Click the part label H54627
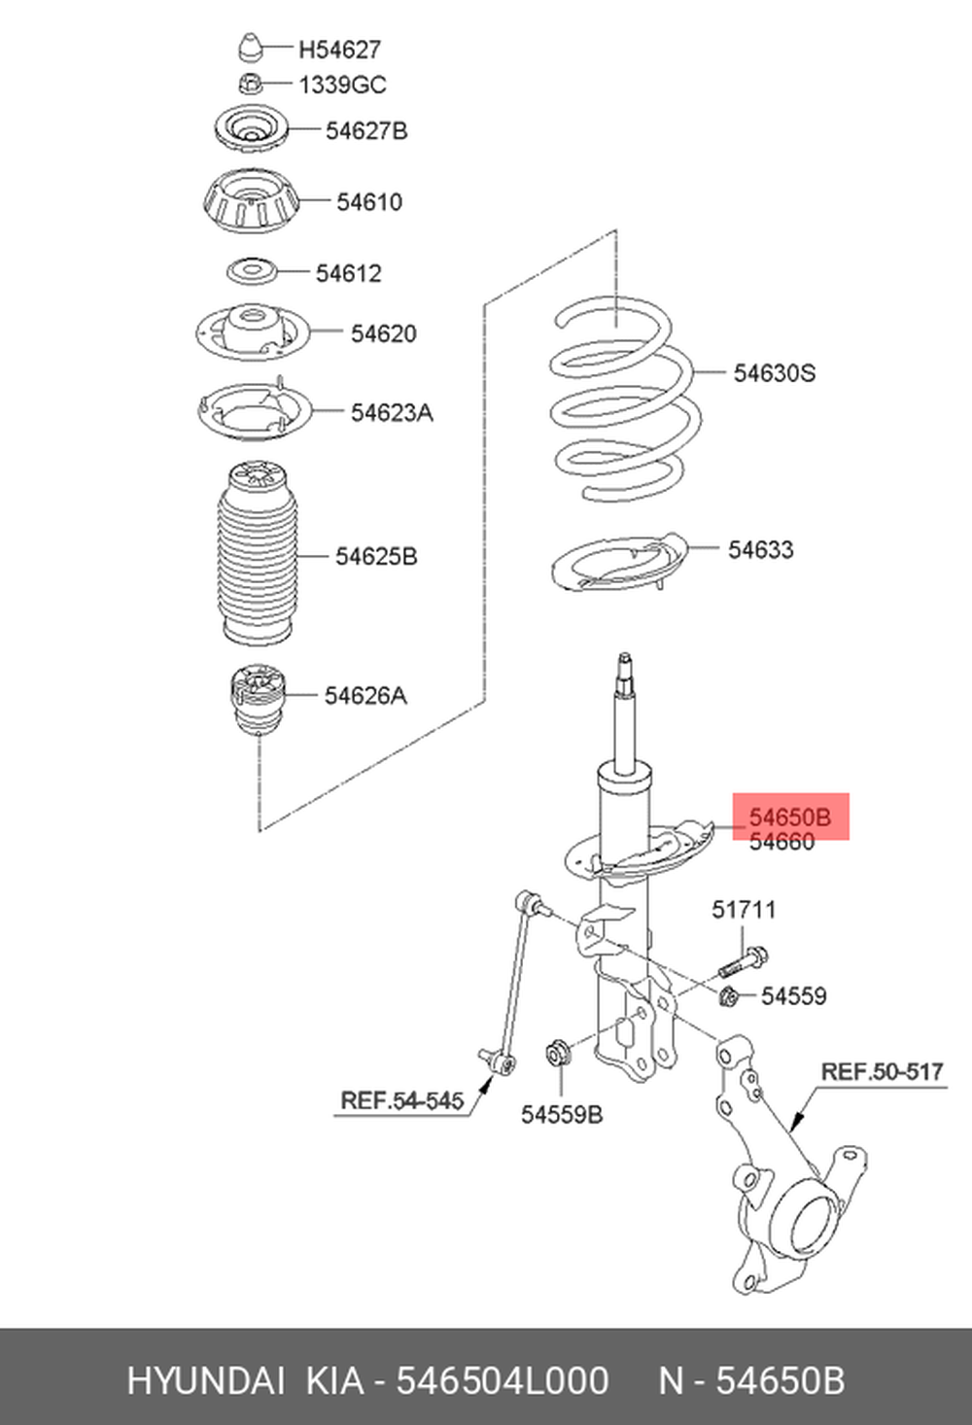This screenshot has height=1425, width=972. tap(339, 49)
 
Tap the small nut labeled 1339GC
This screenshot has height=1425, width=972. tap(250, 84)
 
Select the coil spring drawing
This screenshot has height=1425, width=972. tap(623, 402)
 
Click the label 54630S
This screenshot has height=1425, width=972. tap(774, 372)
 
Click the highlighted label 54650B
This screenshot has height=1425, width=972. tap(789, 817)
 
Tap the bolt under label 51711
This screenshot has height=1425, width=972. tap(743, 962)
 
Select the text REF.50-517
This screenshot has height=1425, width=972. tap(882, 1071)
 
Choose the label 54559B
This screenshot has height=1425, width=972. tap(561, 1114)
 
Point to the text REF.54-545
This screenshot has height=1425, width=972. tap(401, 1100)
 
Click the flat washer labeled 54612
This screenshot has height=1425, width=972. tap(252, 272)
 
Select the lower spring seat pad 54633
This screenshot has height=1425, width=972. tap(619, 565)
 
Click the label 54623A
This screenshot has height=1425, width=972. tap(392, 412)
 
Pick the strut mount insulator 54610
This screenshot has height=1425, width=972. tap(251, 203)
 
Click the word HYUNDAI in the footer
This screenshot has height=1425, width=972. tap(205, 1380)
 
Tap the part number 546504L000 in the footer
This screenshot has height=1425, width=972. tap(502, 1380)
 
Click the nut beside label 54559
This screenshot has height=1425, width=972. tap(730, 995)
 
